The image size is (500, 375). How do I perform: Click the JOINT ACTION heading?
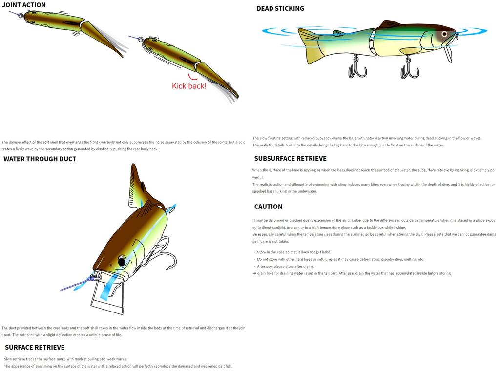[x=24, y=5]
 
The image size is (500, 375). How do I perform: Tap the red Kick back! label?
[x=189, y=86]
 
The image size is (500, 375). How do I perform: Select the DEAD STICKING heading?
[x=280, y=8]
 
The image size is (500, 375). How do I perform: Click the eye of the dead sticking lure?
[x=444, y=34]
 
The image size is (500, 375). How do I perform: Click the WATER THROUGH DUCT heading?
[x=40, y=159]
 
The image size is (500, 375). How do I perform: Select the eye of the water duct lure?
[x=121, y=261]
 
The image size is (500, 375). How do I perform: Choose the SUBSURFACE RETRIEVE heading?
[x=290, y=158]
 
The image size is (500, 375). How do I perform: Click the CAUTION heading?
[x=268, y=207]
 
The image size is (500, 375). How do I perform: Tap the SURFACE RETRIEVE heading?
[x=35, y=347]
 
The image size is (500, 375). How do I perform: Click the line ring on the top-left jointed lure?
[x=21, y=15]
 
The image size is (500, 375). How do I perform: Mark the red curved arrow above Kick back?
[x=193, y=76]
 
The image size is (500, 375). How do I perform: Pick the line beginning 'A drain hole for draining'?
[x=352, y=273]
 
